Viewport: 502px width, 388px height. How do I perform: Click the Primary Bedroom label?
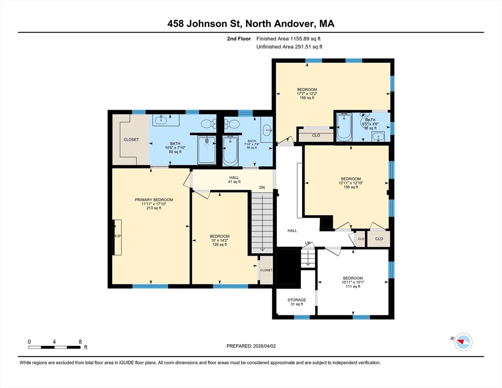[154, 200]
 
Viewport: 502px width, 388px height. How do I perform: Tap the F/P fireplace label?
[118, 236]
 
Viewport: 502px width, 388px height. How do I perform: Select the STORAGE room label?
[296, 300]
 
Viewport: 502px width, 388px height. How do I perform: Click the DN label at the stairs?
[262, 187]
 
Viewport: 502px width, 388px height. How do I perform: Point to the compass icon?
[463, 342]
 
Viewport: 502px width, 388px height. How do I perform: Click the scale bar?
[55, 347]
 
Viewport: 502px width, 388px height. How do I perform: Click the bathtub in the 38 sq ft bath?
[344, 127]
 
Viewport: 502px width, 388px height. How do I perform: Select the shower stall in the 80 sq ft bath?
[207, 150]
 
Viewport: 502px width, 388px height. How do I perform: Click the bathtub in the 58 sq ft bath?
[230, 151]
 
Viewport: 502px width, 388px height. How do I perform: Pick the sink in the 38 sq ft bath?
[378, 137]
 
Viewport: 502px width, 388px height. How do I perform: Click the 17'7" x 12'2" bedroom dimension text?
[307, 94]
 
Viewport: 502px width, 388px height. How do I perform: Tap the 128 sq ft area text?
[220, 245]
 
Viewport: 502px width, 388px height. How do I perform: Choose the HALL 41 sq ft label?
[234, 180]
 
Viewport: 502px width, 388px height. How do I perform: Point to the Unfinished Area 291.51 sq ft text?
[289, 47]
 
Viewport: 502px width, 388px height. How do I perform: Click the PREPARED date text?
[251, 346]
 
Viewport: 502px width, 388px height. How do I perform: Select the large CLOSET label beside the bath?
[131, 140]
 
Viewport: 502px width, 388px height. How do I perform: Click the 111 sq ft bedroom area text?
[353, 286]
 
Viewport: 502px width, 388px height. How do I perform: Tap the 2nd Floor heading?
[239, 39]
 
